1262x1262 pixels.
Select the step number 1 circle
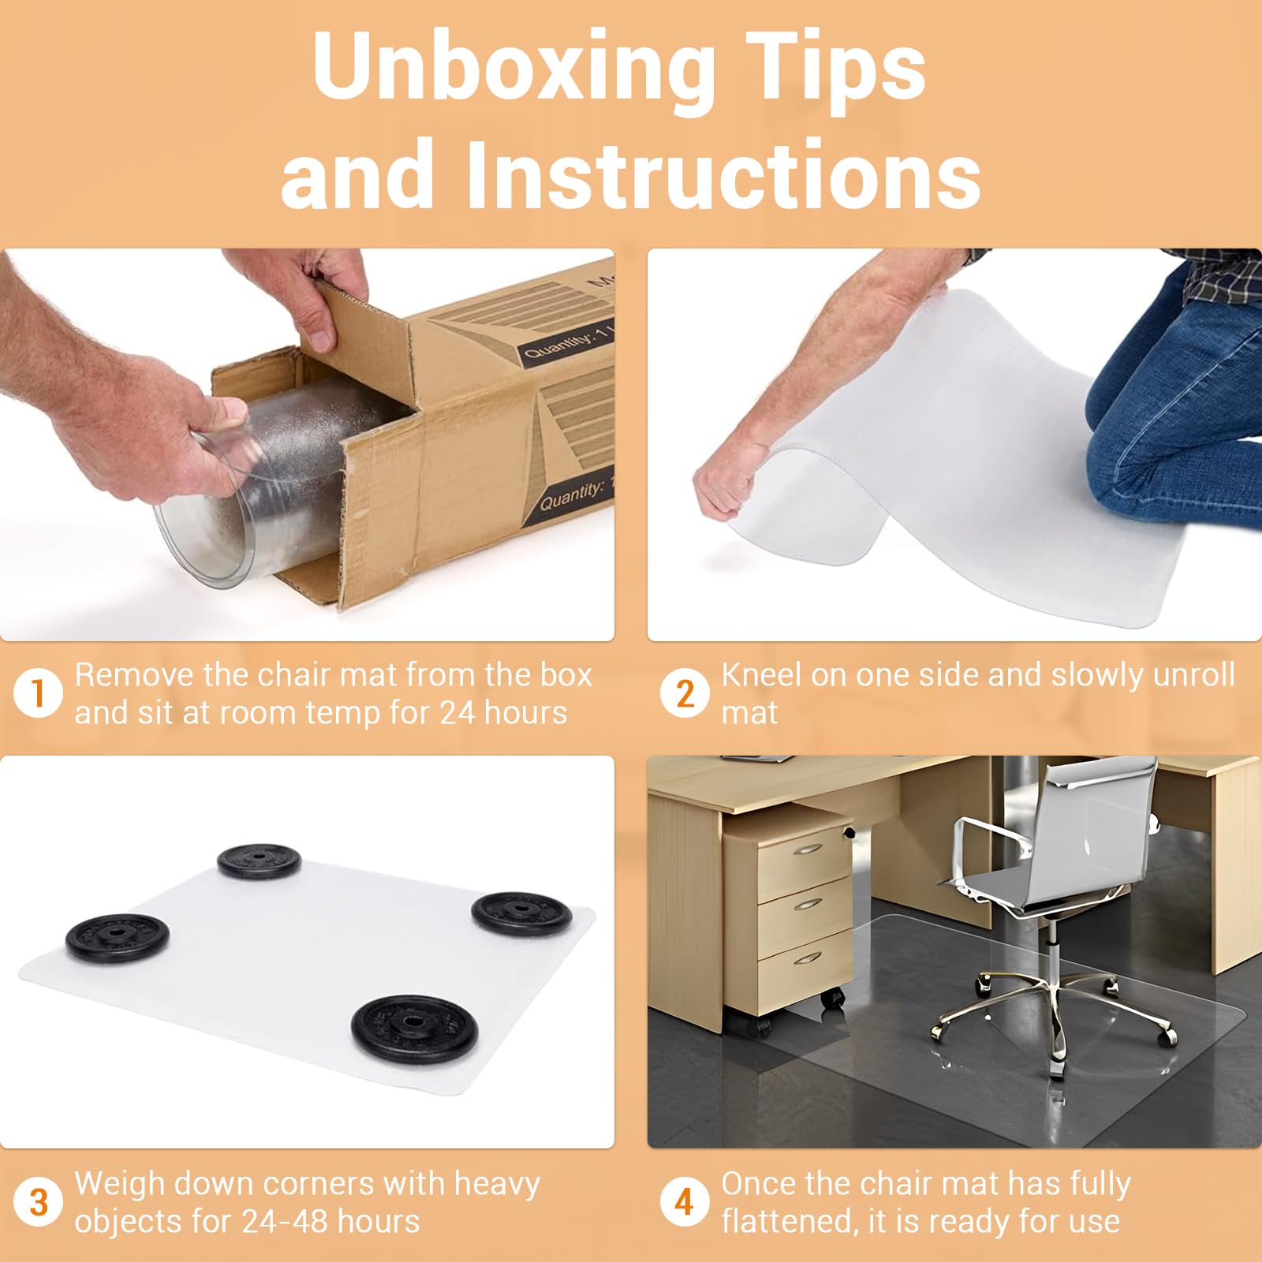coord(38,694)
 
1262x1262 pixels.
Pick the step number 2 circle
coord(685,694)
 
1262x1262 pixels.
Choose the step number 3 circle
coord(38,1203)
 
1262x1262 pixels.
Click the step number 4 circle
coord(685,1203)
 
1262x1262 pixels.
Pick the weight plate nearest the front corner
coord(415,1026)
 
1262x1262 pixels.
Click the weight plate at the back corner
coord(259,861)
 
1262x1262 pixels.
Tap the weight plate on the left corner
coord(117,937)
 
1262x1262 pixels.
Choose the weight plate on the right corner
coord(522,913)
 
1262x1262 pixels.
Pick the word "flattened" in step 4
coord(789,1221)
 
